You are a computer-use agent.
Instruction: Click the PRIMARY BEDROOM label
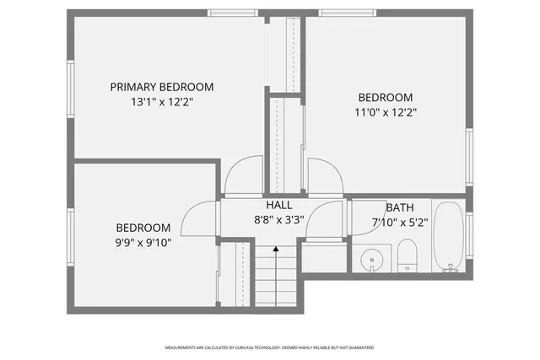pyautogui.click(x=161, y=87)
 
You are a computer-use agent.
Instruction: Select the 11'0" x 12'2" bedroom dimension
pyautogui.click(x=385, y=111)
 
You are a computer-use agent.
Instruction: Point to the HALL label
pyautogui.click(x=278, y=205)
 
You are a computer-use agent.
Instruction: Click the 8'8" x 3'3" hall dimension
pyautogui.click(x=278, y=219)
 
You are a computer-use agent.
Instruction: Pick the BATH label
pyautogui.click(x=400, y=208)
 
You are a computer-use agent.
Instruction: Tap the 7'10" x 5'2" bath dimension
pyautogui.click(x=400, y=223)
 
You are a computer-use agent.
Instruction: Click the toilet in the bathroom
pyautogui.click(x=408, y=255)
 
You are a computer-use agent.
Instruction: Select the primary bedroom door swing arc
pyautogui.click(x=243, y=177)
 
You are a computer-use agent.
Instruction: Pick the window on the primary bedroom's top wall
pyautogui.click(x=233, y=13)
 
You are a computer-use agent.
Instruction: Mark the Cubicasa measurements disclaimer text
pyautogui.click(x=269, y=347)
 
